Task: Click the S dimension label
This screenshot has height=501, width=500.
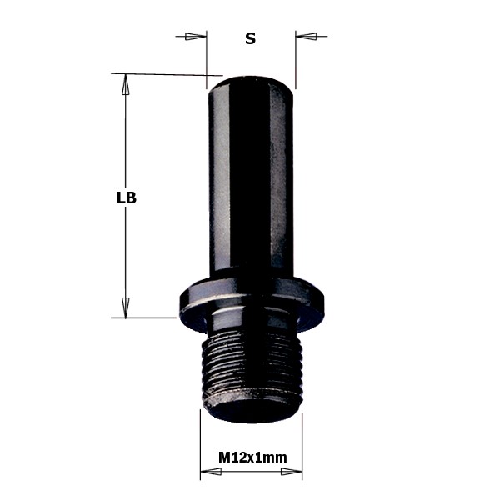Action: pos(251,38)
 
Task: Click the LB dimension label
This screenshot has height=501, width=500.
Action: pos(127,198)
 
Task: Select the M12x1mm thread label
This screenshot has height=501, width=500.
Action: pos(252,458)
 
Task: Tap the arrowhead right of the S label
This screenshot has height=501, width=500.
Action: pos(306,36)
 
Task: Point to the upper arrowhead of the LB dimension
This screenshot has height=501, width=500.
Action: pos(126,84)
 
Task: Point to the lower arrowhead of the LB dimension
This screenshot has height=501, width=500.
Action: pos(126,308)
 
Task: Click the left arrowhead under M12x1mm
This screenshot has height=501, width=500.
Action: pos(211,471)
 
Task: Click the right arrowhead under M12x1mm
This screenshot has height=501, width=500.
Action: pos(292,471)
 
